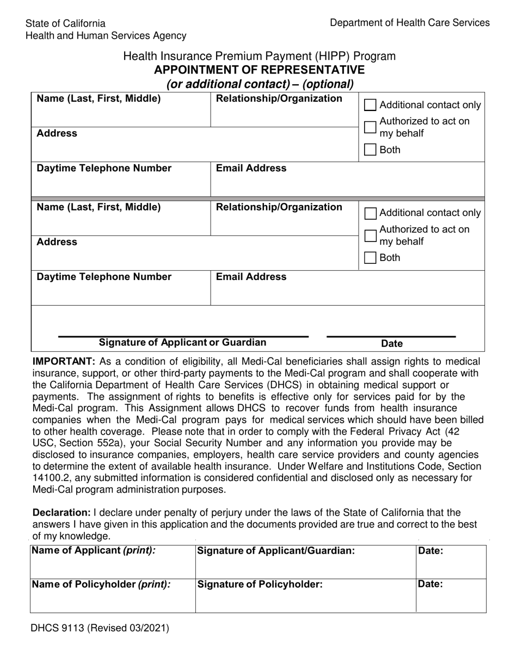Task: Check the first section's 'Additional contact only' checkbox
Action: point(370,105)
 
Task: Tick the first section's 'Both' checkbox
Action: point(370,150)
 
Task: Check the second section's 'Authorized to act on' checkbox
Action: point(370,236)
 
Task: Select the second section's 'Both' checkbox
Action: point(370,258)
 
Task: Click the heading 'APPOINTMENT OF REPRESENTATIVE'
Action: point(259,70)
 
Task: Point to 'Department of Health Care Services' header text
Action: point(410,23)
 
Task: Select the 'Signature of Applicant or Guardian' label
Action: point(183,343)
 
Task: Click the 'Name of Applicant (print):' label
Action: point(94,550)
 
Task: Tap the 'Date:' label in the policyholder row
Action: point(430,584)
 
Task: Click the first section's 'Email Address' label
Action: point(251,168)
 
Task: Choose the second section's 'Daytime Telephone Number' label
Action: point(104,277)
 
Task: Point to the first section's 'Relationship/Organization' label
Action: point(279,98)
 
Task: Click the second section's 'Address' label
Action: point(57,241)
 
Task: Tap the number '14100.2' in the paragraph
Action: point(51,478)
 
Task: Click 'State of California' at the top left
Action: point(65,23)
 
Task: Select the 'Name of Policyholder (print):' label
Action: point(101,584)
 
